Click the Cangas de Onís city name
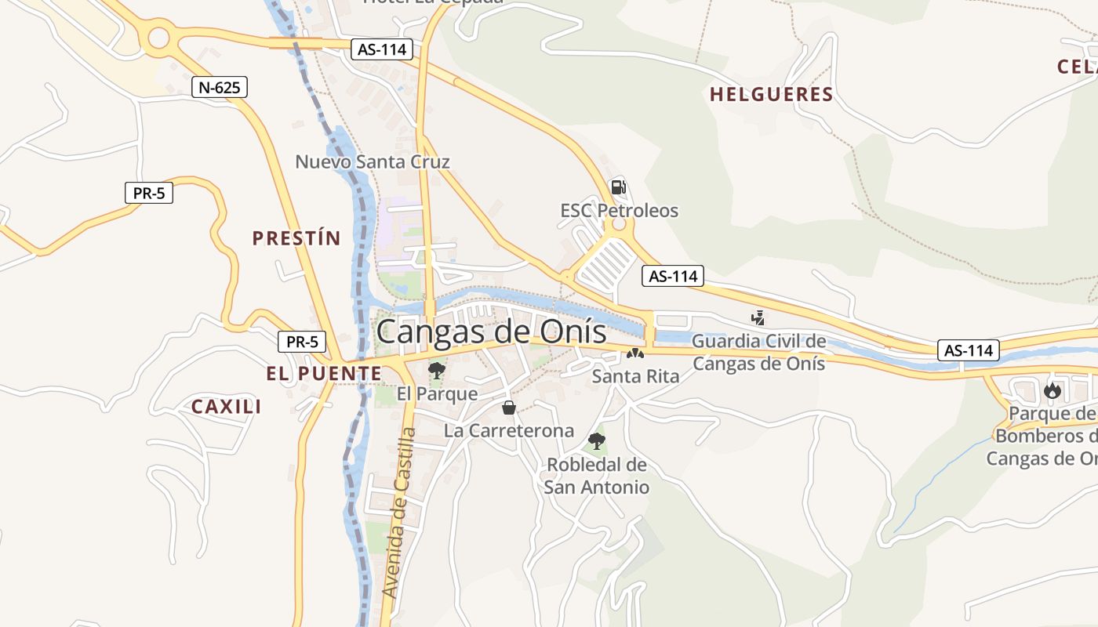(491, 332)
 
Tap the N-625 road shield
(220, 87)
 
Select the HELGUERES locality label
(771, 95)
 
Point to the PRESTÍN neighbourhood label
(296, 238)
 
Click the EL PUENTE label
(323, 374)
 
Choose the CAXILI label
(227, 406)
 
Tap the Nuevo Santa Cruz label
(373, 162)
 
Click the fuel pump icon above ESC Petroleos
(618, 187)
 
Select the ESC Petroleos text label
(619, 211)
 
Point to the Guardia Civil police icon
(758, 318)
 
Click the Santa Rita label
(635, 376)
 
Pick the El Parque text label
(437, 393)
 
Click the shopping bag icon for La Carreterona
(509, 408)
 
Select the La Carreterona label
(509, 431)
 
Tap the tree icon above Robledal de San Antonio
(597, 440)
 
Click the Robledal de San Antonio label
(598, 476)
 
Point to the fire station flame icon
(1052, 390)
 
